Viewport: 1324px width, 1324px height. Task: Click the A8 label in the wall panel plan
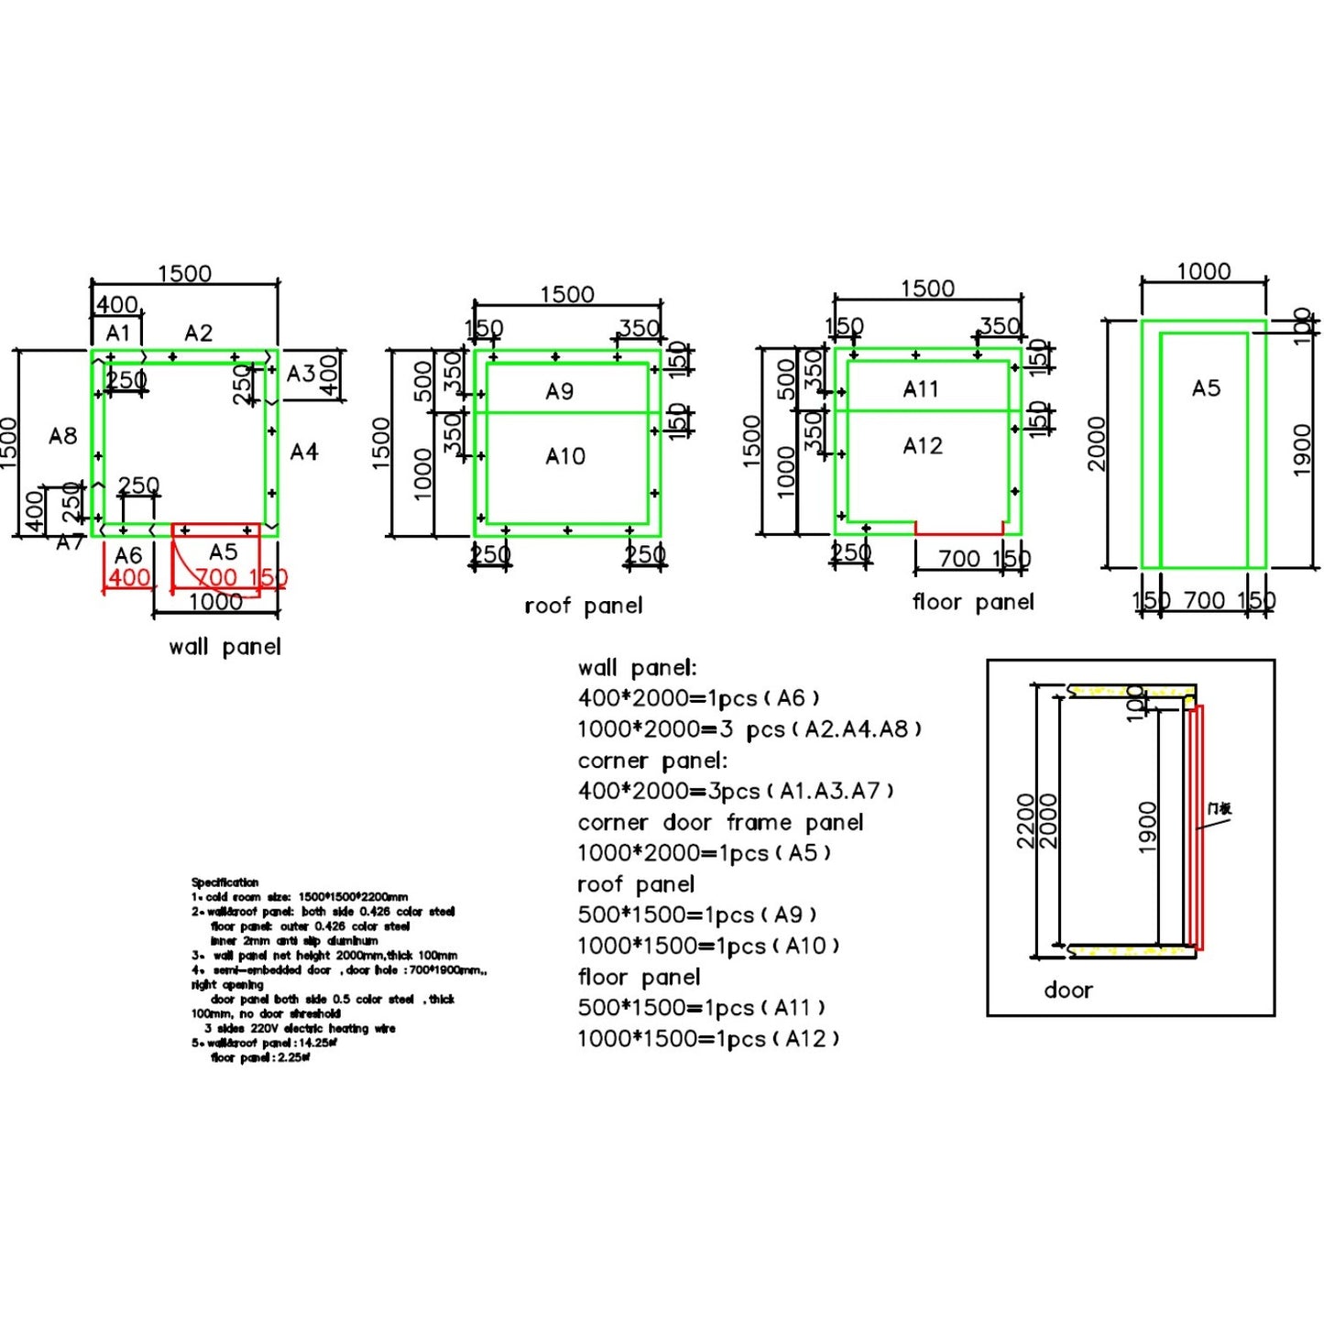(x=62, y=436)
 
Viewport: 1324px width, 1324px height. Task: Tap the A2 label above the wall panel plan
(x=198, y=333)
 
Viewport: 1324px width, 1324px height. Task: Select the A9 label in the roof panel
(x=559, y=392)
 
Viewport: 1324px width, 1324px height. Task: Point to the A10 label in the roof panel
(x=564, y=456)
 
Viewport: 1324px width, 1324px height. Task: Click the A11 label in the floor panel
(x=920, y=389)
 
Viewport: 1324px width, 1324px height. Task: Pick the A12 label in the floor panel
(x=922, y=446)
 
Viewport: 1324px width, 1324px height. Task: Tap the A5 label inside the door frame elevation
(x=1206, y=388)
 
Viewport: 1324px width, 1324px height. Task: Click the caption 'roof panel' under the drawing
(x=583, y=606)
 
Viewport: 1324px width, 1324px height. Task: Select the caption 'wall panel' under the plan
(x=224, y=647)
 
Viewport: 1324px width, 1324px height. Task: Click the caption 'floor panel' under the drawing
(x=972, y=602)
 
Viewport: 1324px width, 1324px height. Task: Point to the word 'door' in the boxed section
(x=1067, y=990)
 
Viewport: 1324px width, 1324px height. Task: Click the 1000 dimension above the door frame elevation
(x=1203, y=271)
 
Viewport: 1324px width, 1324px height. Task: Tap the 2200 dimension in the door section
(x=1025, y=821)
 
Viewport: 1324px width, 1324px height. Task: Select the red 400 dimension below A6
(x=129, y=578)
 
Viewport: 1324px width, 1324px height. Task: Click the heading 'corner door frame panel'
(x=720, y=823)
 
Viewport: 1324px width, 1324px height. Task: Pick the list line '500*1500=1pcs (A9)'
(x=696, y=915)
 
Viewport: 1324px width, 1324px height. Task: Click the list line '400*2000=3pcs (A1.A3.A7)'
(x=735, y=791)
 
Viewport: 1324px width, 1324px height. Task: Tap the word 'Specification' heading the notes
(x=224, y=882)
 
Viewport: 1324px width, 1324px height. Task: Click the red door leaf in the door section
(x=1195, y=825)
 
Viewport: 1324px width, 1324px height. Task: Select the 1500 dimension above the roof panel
(x=566, y=294)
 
